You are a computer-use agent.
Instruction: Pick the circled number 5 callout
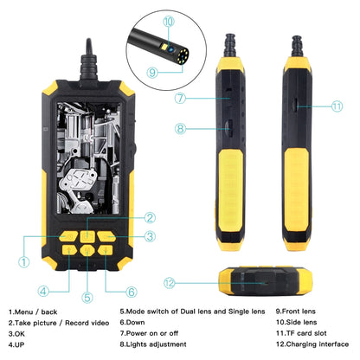pyautogui.click(x=87, y=297)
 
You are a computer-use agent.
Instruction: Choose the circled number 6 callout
pyautogui.click(x=132, y=291)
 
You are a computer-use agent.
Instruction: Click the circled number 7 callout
pyautogui.click(x=179, y=99)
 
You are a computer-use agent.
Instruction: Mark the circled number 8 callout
pyautogui.click(x=179, y=128)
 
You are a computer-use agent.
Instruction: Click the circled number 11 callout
pyautogui.click(x=337, y=106)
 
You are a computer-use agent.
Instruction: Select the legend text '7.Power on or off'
pyautogui.click(x=151, y=332)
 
